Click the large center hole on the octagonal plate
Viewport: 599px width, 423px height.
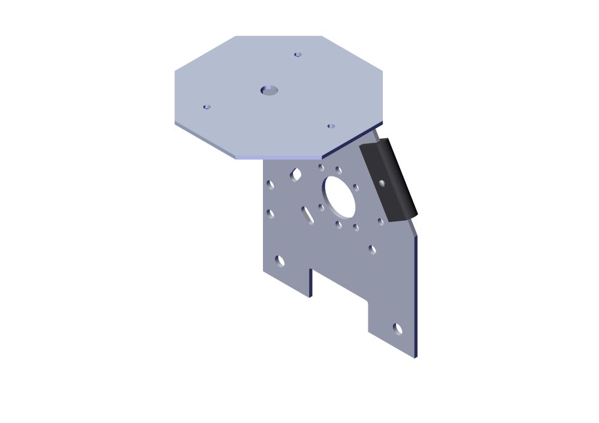(x=270, y=90)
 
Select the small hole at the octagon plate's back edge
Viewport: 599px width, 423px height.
(x=298, y=54)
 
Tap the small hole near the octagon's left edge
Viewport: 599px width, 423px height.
(x=207, y=107)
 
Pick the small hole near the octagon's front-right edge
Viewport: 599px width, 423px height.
(x=331, y=126)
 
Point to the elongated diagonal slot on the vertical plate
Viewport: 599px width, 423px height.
(x=307, y=215)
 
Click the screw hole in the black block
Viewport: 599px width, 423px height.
(x=382, y=183)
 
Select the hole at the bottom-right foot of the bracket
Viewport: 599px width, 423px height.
(x=398, y=328)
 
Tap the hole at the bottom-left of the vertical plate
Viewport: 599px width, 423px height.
(x=280, y=260)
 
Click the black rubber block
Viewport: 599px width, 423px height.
(x=389, y=179)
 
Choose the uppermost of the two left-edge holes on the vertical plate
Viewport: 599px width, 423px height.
(x=270, y=184)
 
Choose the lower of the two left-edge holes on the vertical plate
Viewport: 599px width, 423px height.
(x=270, y=214)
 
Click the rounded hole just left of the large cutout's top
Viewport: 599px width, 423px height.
(x=296, y=174)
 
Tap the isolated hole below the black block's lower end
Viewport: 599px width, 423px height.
(x=380, y=221)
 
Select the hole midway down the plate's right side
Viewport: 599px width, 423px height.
(x=373, y=249)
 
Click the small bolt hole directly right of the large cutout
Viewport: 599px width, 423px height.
(x=356, y=187)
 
